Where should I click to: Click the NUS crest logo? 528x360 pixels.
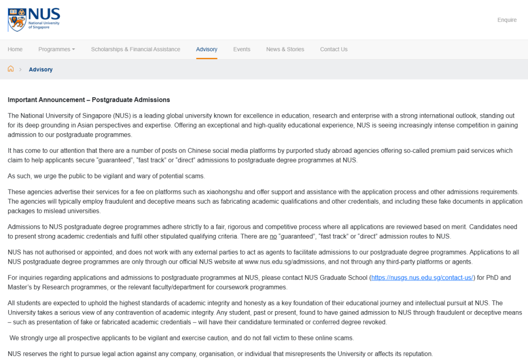[17, 20]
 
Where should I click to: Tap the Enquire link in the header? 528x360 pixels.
[506, 20]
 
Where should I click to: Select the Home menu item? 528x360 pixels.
[15, 49]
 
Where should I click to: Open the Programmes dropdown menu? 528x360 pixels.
[57, 49]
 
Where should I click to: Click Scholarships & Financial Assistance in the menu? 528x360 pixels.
[135, 49]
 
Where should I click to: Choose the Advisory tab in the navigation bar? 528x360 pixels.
[206, 49]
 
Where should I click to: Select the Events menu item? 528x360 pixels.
[242, 49]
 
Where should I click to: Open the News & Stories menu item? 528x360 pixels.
[285, 49]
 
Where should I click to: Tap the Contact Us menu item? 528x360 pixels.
[333, 49]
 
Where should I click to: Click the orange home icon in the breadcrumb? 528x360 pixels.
[11, 69]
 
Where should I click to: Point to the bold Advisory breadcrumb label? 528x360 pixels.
[41, 69]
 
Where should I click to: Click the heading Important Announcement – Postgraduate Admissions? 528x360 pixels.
[88, 100]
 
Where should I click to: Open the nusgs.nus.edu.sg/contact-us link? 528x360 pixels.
[422, 277]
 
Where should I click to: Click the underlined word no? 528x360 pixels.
[273, 236]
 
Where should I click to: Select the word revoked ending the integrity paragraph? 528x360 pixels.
[374, 322]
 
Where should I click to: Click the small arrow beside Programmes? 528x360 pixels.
[73, 49]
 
